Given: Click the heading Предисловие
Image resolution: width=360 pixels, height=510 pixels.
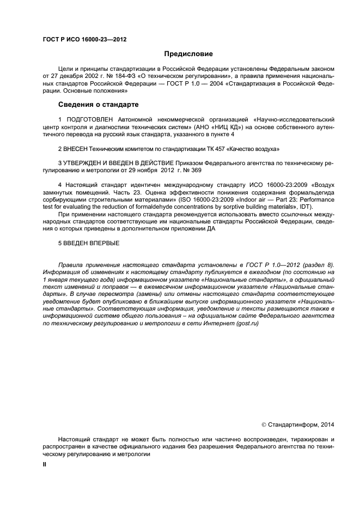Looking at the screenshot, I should tap(188, 54).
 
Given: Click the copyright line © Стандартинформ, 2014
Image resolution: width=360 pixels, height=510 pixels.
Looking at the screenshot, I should tap(298, 424).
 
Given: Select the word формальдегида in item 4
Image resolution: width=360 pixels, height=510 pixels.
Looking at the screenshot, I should tap(314, 192).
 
